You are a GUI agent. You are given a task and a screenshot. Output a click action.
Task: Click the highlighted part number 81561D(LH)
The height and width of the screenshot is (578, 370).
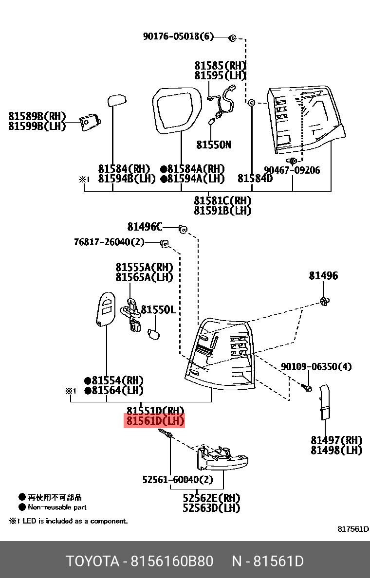coord(155,421)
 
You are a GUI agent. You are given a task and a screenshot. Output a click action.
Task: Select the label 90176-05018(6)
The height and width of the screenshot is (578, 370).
coord(178,36)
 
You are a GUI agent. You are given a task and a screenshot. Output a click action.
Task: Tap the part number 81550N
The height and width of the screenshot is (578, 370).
coord(214,144)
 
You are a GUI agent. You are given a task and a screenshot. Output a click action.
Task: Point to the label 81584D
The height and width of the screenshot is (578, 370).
coord(255,179)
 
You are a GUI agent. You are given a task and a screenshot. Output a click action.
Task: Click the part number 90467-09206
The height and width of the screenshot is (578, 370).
coord(292,170)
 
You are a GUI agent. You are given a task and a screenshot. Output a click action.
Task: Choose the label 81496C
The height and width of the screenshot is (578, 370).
coord(145,227)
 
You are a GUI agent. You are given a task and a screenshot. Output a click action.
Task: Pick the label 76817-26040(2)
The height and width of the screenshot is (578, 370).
coord(110,242)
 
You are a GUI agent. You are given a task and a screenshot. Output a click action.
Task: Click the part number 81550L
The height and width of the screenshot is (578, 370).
coord(158,310)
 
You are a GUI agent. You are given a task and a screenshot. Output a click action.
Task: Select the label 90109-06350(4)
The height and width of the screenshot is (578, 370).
coord(316,366)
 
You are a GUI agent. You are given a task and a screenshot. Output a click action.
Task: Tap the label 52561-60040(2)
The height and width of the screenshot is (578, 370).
coord(178,480)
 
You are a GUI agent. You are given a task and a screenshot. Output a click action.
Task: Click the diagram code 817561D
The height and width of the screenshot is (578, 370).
coord(353,529)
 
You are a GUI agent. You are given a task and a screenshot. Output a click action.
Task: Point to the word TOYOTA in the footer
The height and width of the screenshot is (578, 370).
coord(93,561)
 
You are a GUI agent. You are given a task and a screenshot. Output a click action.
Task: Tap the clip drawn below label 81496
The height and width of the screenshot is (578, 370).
coord(324,301)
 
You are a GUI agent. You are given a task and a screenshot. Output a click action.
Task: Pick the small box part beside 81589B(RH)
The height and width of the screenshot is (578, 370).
coord(89,122)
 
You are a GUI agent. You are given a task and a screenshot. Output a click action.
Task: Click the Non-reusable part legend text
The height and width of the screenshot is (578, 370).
coord(57,507)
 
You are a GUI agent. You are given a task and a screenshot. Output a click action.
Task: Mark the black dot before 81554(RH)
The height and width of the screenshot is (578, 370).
coord(88,380)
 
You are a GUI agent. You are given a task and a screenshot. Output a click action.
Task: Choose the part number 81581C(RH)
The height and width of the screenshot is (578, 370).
coord(222,200)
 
